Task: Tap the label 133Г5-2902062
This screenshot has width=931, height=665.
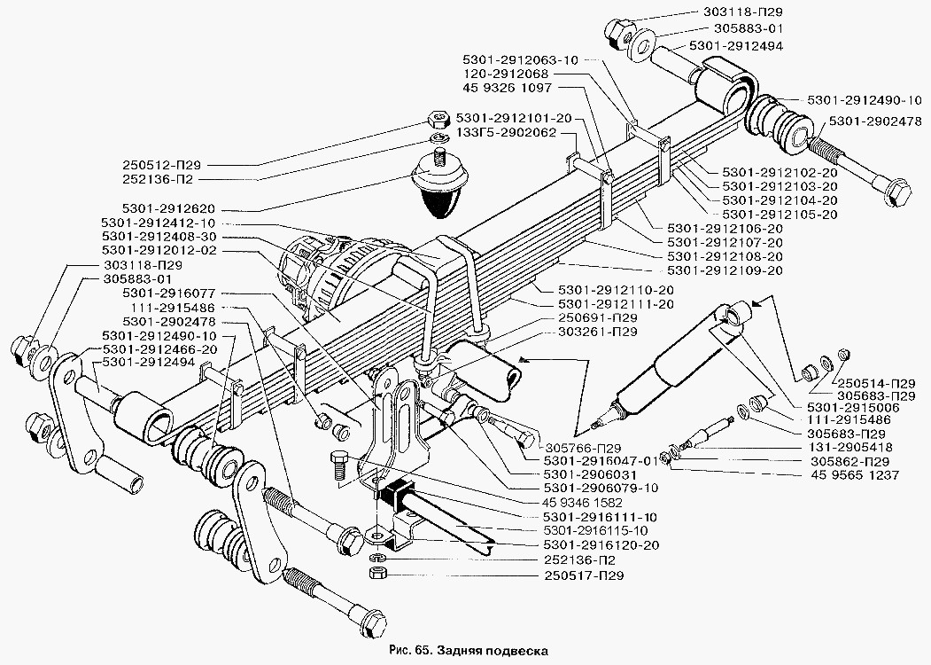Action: tap(506, 133)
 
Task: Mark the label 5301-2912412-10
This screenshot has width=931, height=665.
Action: tap(158, 223)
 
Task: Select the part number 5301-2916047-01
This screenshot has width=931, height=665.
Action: tap(603, 461)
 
